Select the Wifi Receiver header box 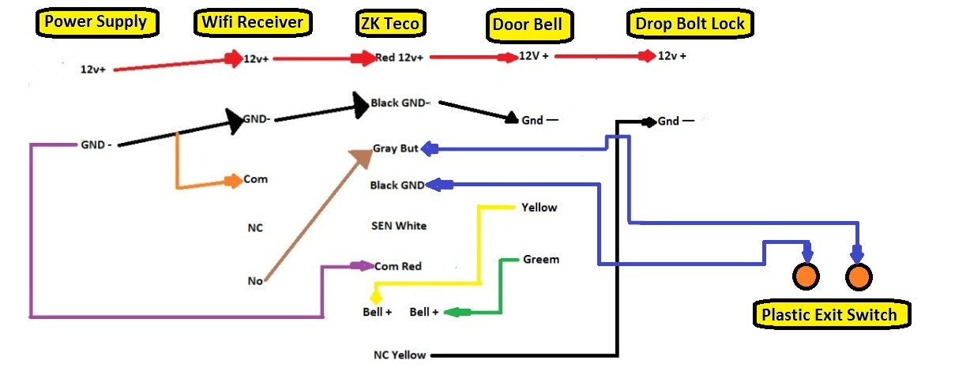pos(252,23)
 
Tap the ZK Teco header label pos(389,24)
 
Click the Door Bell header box pos(527,24)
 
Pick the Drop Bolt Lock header pos(690,24)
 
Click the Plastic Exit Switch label pos(829,315)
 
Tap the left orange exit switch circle pos(806,276)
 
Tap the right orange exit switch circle pos(859,276)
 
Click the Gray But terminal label pos(395,148)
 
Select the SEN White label pos(399,226)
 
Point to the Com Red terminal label pos(398,266)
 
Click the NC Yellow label pos(400,354)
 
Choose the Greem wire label pos(541,259)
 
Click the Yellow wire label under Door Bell pos(539,208)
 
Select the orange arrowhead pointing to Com pos(233,181)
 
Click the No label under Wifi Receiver pos(255,280)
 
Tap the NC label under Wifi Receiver pos(255,228)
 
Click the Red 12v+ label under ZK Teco pos(399,58)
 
